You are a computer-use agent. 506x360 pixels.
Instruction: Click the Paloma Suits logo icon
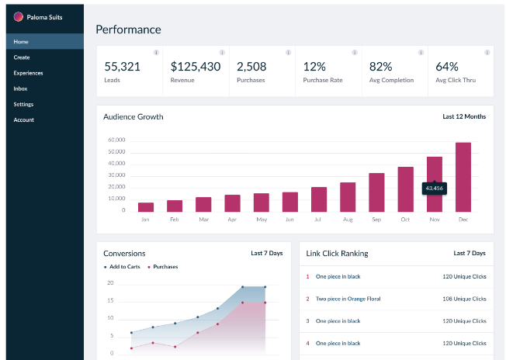[x=19, y=16]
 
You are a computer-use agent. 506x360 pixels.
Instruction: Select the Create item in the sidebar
[x=22, y=57]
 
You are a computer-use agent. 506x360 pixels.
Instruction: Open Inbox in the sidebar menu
[x=20, y=88]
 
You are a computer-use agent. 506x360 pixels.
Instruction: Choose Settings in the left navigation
[x=23, y=104]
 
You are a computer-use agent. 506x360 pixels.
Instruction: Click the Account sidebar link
[x=23, y=119]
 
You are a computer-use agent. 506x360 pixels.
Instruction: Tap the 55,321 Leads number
[x=122, y=67]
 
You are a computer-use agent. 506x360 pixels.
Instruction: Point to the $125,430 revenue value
[x=196, y=67]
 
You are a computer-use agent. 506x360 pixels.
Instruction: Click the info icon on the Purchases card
[x=289, y=53]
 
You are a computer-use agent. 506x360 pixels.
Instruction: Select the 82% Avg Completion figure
[x=381, y=67]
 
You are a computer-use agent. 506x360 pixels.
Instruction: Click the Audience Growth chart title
[x=133, y=117]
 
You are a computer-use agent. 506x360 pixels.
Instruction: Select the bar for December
[x=463, y=177]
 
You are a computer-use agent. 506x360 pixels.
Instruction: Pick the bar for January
[x=146, y=207]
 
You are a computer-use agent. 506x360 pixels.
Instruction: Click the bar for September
[x=376, y=192]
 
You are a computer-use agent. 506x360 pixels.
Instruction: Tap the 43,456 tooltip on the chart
[x=434, y=189]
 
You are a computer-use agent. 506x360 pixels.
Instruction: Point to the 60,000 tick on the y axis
[x=116, y=140]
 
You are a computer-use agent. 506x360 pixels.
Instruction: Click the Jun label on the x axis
[x=289, y=220]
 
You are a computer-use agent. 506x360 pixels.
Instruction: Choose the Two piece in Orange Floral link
[x=348, y=299]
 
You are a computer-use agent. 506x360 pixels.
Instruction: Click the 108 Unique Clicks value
[x=464, y=299]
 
